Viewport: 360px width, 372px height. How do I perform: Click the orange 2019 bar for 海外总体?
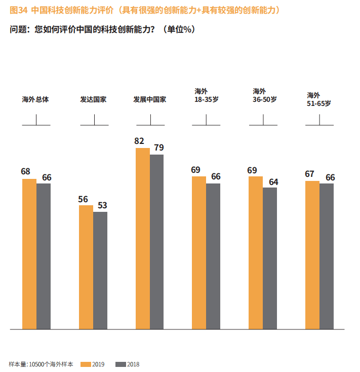coord(29,253)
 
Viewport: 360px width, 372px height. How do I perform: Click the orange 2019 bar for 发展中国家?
coord(143,238)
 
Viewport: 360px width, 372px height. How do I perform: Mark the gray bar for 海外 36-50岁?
coord(270,258)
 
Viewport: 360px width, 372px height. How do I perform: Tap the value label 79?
coord(159,147)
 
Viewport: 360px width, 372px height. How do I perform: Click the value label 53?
coord(102,205)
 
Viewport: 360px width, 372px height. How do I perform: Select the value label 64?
coord(273,181)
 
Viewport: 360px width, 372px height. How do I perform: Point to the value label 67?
coord(310,174)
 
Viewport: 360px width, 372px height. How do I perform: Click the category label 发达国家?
coord(93,99)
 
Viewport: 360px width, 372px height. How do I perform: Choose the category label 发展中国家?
coord(150,99)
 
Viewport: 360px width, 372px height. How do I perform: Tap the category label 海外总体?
coord(35,99)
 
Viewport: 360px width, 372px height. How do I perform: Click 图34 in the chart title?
coord(18,10)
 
